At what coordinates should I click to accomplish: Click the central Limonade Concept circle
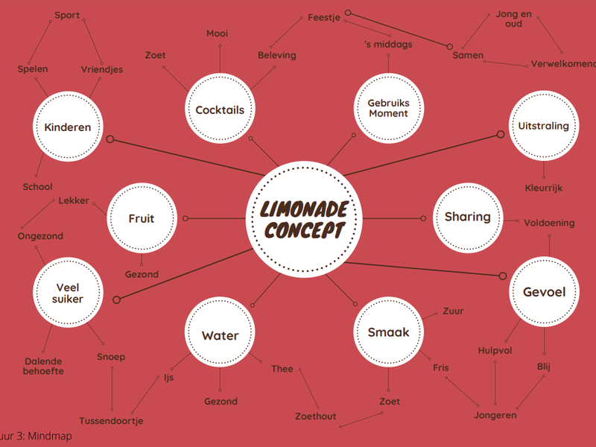304,219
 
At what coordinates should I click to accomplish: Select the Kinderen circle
68,127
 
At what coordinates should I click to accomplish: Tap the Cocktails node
220,109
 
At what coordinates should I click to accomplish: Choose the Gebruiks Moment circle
388,108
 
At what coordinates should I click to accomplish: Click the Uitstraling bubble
544,126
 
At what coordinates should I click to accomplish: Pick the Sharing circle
468,218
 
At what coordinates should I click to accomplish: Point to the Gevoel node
544,291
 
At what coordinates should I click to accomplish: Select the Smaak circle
388,332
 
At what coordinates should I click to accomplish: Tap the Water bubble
220,332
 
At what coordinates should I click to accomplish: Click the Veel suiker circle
68,292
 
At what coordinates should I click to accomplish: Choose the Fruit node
142,218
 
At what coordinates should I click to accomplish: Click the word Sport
67,16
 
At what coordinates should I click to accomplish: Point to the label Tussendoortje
111,421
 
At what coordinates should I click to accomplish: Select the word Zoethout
315,416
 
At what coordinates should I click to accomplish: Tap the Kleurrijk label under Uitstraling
544,188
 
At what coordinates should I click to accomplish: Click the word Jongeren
495,416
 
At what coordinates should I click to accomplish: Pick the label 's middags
388,45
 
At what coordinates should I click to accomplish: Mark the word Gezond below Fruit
142,274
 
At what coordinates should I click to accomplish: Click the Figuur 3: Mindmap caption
36,436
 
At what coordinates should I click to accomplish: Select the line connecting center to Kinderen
187,157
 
